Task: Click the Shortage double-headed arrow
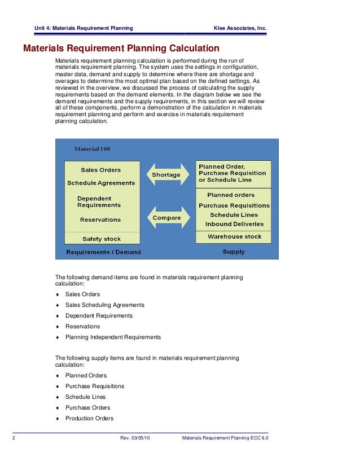tap(166, 174)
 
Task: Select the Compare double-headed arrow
tap(166, 217)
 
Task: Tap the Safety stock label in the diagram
tap(102, 239)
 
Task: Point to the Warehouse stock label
tap(234, 236)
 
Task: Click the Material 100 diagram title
tap(93, 149)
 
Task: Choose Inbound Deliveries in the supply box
tap(234, 224)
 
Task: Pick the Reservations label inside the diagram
tap(100, 219)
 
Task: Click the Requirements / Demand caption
tap(103, 252)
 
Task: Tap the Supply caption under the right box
tap(234, 252)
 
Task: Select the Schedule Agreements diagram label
tap(101, 183)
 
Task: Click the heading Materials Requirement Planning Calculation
tap(121, 49)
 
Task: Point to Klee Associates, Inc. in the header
tap(240, 28)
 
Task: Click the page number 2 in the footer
tap(13, 438)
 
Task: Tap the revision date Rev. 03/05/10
tap(139, 438)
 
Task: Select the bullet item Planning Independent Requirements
tap(113, 337)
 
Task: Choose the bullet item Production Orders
tap(89, 419)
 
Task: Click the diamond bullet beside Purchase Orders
tap(58, 408)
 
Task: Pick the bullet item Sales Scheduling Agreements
tap(105, 305)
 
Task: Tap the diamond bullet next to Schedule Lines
tap(58, 397)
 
